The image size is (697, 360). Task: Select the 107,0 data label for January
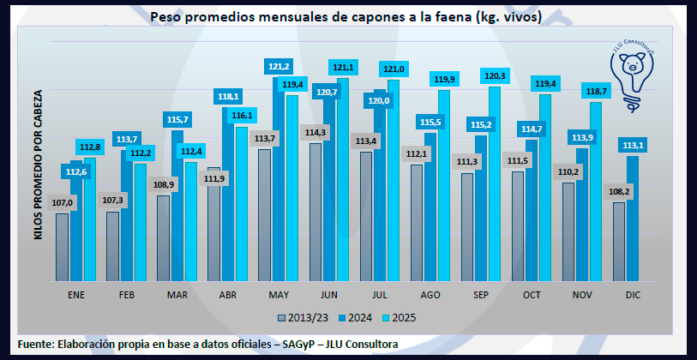(65, 203)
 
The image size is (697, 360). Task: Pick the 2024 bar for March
(177, 206)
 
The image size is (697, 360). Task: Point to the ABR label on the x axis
(228, 295)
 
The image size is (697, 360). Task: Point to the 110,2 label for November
(567, 172)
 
